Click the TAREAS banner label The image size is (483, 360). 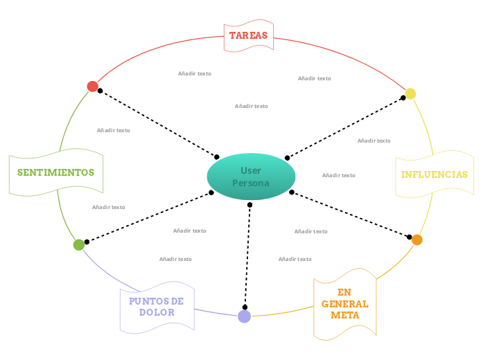pos(248,35)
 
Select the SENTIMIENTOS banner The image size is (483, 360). pos(55,172)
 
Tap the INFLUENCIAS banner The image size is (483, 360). pos(434,174)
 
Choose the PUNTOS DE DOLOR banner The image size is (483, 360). pos(157,307)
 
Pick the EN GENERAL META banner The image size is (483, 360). pos(344,303)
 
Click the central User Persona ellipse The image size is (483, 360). pos(251,177)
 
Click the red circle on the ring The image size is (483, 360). pos(92,87)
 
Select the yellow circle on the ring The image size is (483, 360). pos(410,93)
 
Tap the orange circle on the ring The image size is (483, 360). pos(416,240)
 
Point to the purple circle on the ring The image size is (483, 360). pos(244,316)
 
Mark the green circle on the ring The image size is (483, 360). pos(79,244)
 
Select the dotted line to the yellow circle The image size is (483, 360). pos(345,128)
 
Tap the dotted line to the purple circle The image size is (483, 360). pos(247,256)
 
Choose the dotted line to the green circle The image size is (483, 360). pos(149,217)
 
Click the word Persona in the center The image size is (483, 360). pos(250,183)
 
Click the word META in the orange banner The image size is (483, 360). pos(344,315)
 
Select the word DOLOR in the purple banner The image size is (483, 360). pos(157,312)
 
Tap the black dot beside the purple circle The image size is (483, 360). pos(245,307)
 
